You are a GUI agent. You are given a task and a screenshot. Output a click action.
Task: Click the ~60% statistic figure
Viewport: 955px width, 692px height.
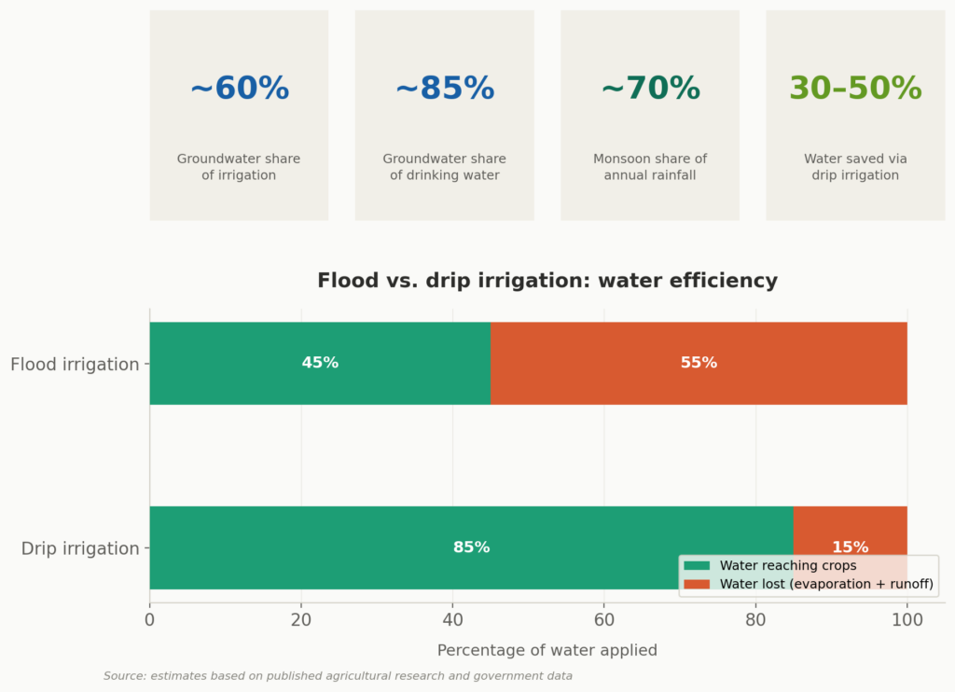[239, 89]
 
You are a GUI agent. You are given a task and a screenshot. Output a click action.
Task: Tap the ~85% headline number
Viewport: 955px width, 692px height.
[444, 89]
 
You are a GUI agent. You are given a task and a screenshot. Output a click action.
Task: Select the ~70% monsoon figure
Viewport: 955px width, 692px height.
[650, 89]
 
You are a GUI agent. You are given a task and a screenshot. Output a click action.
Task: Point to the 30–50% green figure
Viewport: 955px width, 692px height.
[855, 89]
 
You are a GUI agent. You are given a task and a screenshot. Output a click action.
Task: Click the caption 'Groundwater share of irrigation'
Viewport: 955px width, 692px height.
[239, 167]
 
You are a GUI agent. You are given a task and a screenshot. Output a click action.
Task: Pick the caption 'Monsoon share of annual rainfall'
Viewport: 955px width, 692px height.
[650, 167]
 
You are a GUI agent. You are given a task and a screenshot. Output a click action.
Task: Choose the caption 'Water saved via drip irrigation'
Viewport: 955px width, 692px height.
[855, 167]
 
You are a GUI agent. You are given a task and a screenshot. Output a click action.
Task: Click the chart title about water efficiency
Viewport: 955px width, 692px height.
[547, 281]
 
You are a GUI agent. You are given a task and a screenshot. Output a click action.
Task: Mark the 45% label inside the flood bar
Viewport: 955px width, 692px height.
[320, 363]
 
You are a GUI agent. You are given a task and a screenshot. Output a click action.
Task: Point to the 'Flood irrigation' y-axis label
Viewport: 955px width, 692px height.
[75, 365]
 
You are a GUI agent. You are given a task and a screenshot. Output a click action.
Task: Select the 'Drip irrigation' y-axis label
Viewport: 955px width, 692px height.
[80, 548]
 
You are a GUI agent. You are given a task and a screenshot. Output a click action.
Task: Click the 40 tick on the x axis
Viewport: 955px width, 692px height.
[452, 618]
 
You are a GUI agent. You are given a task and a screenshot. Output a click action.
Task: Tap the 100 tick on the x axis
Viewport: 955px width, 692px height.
[907, 618]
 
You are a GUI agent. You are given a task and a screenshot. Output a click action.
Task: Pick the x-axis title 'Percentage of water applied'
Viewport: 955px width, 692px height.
[547, 650]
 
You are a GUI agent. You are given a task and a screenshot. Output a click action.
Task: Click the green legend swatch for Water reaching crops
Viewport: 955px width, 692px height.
[697, 566]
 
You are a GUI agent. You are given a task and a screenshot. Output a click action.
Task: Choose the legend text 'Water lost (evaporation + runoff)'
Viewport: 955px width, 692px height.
[826, 585]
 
